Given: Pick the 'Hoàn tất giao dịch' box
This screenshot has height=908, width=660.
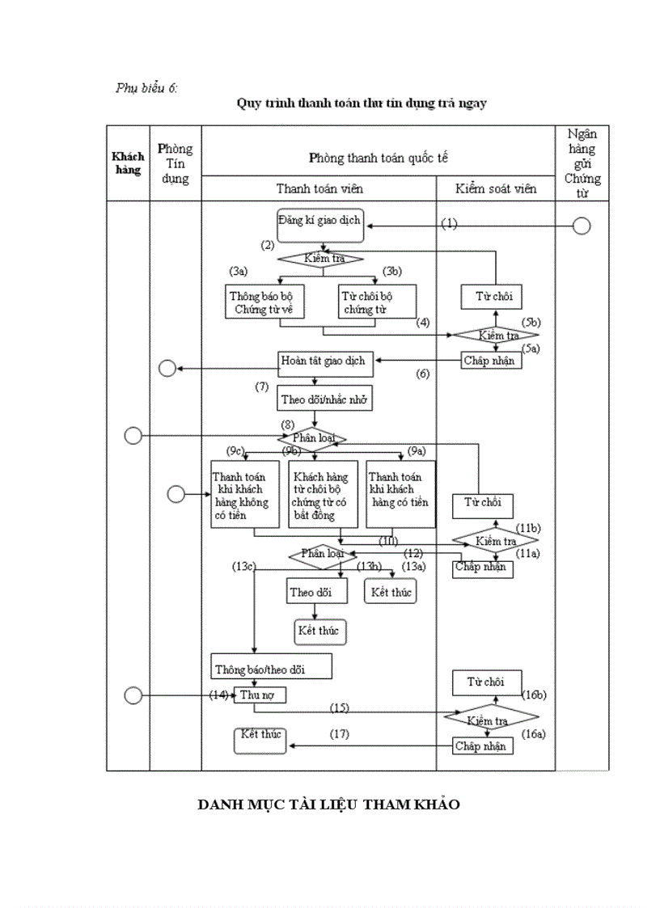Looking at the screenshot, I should (x=324, y=361).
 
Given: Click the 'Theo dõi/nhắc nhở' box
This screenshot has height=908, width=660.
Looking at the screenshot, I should (x=325, y=399).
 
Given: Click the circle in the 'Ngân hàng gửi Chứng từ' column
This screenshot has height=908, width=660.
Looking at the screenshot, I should (x=581, y=226).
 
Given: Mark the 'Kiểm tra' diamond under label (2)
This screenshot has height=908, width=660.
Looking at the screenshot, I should (x=321, y=259).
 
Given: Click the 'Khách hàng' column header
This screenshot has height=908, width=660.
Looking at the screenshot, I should (x=128, y=163).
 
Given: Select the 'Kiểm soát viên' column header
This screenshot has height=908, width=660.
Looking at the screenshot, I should (x=495, y=188).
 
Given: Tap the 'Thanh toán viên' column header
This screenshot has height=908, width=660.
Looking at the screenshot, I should (x=319, y=188).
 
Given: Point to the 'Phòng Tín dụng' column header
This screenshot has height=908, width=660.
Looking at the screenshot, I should (x=175, y=163).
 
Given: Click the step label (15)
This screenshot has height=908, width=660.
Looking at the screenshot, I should (x=339, y=707).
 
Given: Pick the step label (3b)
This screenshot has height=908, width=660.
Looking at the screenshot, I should (x=392, y=271).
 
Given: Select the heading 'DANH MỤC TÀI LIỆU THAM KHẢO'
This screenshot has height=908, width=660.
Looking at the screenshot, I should (x=329, y=805).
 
